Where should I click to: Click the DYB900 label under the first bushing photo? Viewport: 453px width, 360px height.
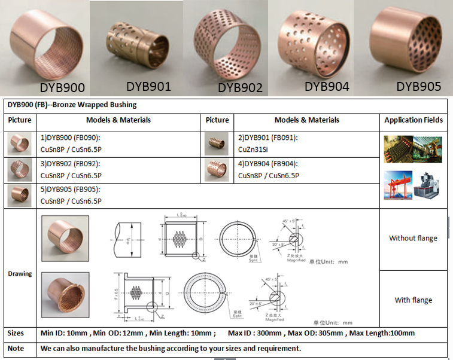[62, 87]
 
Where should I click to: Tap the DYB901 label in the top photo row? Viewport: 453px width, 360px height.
[147, 86]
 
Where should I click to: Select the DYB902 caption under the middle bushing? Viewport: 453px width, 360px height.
[240, 87]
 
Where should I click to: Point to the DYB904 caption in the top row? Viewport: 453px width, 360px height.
[327, 86]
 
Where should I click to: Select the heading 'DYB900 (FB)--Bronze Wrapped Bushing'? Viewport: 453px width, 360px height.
[72, 105]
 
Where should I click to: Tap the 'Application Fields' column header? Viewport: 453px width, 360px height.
[414, 120]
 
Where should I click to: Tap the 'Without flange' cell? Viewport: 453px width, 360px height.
[413, 238]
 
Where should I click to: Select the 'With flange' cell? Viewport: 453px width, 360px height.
[413, 300]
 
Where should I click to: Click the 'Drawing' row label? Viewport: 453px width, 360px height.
[20, 273]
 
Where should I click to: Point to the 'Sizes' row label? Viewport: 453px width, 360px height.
[16, 332]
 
